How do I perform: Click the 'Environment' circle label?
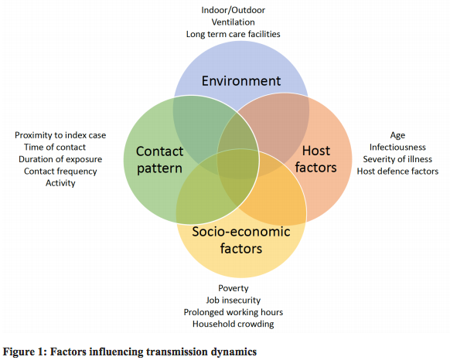(241, 81)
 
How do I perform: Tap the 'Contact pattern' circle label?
(159, 160)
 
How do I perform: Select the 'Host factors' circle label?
(316, 159)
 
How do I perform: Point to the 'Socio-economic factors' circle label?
(241, 240)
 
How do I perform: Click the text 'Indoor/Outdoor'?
(233, 10)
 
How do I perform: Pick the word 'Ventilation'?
(233, 22)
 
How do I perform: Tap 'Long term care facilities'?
(233, 34)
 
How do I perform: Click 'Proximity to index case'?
(60, 135)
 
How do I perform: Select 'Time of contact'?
(55, 147)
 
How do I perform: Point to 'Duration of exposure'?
(60, 159)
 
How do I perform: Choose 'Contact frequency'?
(60, 172)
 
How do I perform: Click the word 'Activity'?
(60, 183)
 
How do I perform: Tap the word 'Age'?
(397, 135)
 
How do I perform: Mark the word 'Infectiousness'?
(397, 147)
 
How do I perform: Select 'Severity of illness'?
(397, 159)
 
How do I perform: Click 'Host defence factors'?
(397, 172)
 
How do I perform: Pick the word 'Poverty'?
(233, 288)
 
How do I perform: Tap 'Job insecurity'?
(233, 301)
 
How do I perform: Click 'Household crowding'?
(233, 324)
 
